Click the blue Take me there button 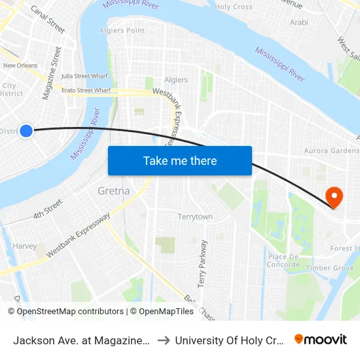click(x=180, y=160)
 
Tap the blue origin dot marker click(x=26, y=131)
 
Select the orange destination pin click(x=334, y=196)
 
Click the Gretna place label click(x=113, y=191)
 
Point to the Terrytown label click(x=195, y=217)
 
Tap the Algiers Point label click(x=122, y=31)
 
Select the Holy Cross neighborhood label click(x=234, y=7)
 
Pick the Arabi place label click(x=299, y=22)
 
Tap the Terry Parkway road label click(x=202, y=263)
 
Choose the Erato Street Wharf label click(x=85, y=90)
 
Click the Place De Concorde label click(x=283, y=261)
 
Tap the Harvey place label click(x=24, y=246)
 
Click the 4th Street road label click(x=47, y=209)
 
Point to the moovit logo click(x=321, y=339)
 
